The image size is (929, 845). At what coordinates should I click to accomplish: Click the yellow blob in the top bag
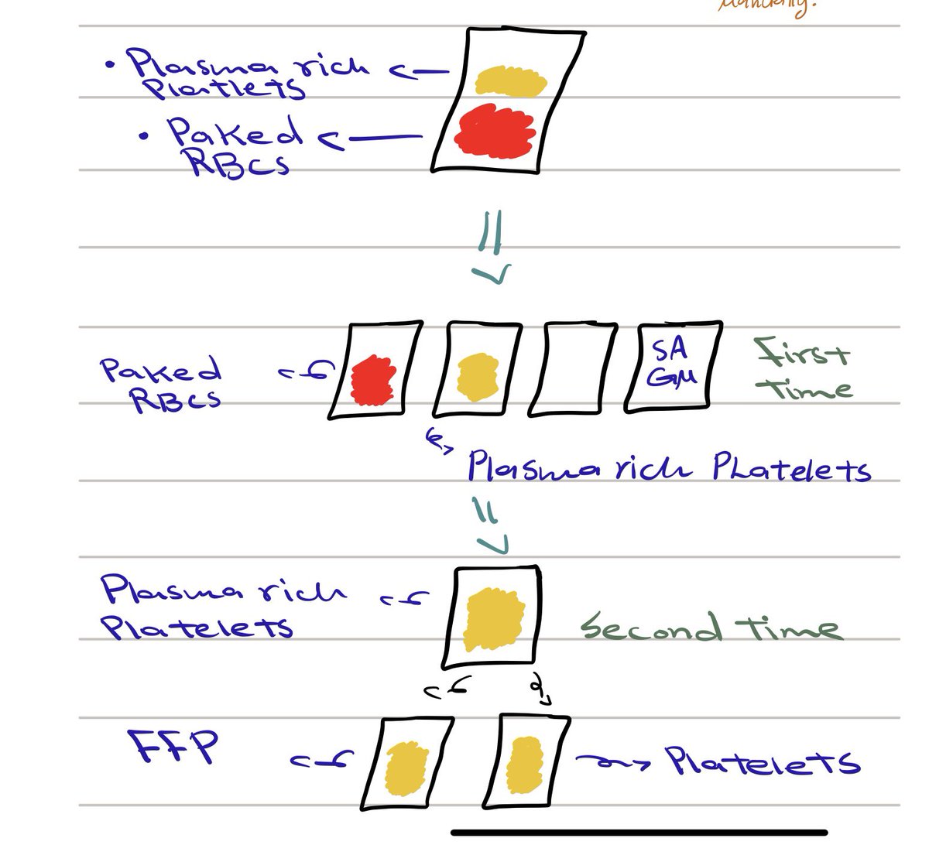tap(511, 79)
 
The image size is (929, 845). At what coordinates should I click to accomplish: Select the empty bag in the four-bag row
tap(573, 368)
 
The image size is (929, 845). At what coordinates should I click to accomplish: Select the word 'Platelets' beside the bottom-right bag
tap(763, 762)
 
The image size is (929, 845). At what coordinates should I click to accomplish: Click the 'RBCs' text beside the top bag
tap(240, 162)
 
